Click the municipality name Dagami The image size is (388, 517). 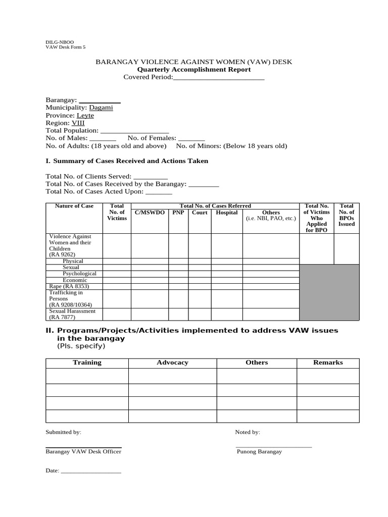(x=101, y=108)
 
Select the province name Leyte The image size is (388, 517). (x=85, y=115)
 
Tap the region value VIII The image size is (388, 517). (x=78, y=123)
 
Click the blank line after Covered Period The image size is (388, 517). (x=219, y=77)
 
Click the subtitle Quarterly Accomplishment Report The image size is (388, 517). (x=194, y=69)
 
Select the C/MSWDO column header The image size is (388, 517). (x=150, y=213)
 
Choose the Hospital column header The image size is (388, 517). (x=227, y=213)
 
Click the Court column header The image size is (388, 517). (x=200, y=213)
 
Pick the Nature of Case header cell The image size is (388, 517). (x=74, y=206)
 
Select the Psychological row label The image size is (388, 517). (x=79, y=274)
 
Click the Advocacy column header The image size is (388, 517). (x=172, y=363)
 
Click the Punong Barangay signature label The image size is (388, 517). (x=259, y=451)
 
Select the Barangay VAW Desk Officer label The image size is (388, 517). (x=83, y=451)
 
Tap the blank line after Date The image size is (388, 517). (x=90, y=471)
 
